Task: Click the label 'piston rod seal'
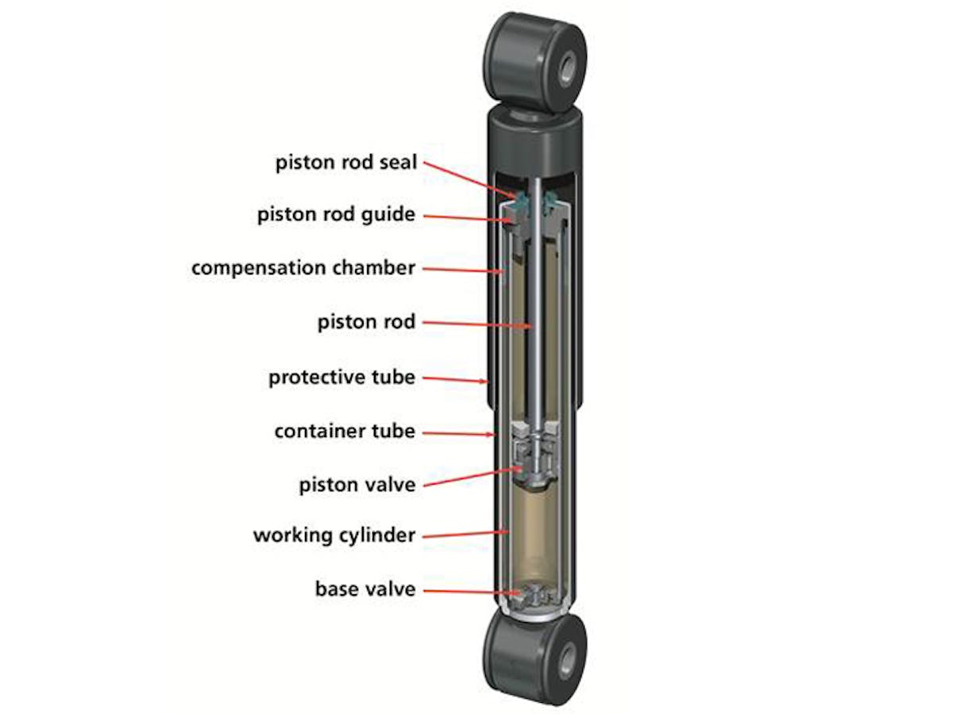345,163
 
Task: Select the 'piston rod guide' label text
336,215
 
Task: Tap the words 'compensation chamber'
303,267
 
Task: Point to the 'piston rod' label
366,322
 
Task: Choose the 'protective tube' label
341,376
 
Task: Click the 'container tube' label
345,431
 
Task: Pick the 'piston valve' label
357,484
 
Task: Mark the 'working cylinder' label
334,535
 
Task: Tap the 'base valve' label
365,589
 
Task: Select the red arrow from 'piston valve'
469,474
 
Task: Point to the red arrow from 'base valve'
469,592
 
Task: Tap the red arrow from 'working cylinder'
465,533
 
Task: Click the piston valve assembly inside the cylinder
536,460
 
